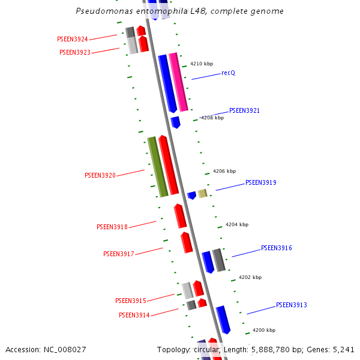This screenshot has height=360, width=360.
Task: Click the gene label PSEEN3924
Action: click(x=73, y=40)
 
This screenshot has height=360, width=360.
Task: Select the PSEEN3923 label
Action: click(x=75, y=53)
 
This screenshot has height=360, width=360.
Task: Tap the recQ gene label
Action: click(x=228, y=73)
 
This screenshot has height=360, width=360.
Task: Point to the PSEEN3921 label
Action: click(x=244, y=111)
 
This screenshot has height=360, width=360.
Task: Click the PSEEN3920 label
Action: click(x=100, y=176)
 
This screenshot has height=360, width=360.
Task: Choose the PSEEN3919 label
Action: click(x=260, y=183)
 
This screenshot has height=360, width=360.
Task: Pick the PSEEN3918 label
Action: click(x=112, y=227)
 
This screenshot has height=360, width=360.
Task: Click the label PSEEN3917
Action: click(x=119, y=254)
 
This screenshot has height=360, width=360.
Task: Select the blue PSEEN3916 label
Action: click(x=276, y=248)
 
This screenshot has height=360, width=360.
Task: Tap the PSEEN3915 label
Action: click(x=131, y=301)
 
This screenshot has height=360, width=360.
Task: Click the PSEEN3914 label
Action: click(x=134, y=316)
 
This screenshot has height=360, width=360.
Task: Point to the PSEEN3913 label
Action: click(x=292, y=305)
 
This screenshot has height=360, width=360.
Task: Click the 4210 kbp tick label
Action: click(x=202, y=64)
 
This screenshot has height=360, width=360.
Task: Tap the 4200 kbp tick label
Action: click(x=263, y=331)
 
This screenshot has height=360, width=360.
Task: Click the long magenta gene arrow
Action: click(x=178, y=82)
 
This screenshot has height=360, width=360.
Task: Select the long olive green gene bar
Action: click(x=158, y=167)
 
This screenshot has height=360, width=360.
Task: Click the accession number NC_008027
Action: click(x=62, y=349)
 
